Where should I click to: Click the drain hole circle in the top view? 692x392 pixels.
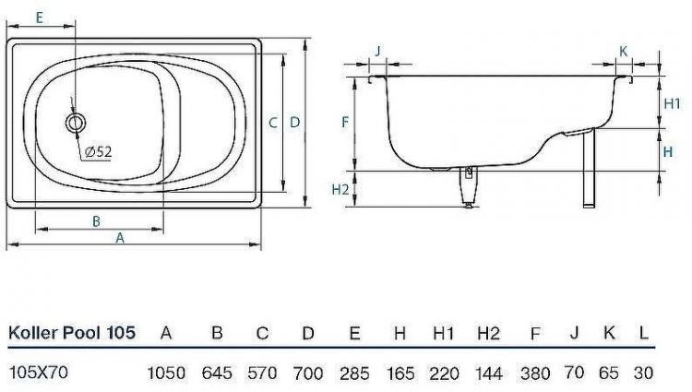tap(75, 121)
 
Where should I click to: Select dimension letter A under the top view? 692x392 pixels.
tap(120, 237)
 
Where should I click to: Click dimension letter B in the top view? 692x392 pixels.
tap(96, 220)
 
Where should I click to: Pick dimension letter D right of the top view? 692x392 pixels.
tap(294, 122)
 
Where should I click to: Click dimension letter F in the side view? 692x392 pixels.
tap(344, 122)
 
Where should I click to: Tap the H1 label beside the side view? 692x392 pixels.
tap(673, 103)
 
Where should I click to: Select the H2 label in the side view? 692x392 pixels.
tap(340, 189)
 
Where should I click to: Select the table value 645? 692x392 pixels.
tap(217, 373)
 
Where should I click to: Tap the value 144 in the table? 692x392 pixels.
tap(488, 373)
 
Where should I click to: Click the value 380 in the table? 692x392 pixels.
tap(535, 373)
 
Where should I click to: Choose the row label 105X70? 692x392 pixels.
tap(37, 373)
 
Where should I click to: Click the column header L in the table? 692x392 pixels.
tap(642, 333)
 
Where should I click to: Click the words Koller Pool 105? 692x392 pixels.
tap(72, 333)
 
